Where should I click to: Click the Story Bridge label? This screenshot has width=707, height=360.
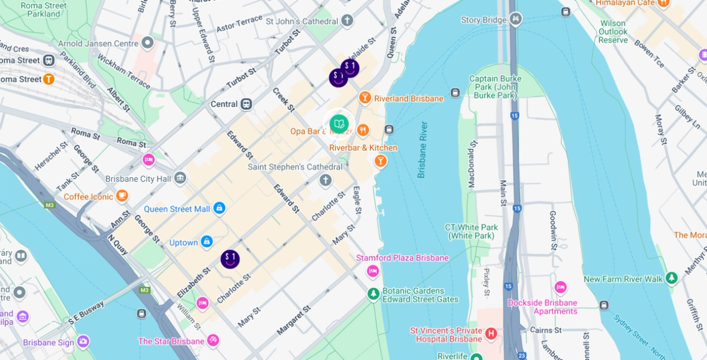pyautogui.click(x=484, y=20)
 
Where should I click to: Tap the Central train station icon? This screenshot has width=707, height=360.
pyautogui.click(x=246, y=104)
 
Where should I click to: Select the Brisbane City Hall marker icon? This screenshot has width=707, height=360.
pyautogui.click(x=180, y=178)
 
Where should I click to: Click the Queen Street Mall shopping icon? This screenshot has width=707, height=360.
pyautogui.click(x=220, y=208)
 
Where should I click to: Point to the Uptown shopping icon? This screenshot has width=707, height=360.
pyautogui.click(x=207, y=241)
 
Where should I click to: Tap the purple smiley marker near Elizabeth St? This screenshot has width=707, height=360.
pyautogui.click(x=230, y=259)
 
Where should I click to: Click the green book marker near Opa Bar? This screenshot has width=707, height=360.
pyautogui.click(x=339, y=124)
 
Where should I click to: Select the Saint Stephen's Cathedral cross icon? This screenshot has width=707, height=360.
pyautogui.click(x=325, y=180)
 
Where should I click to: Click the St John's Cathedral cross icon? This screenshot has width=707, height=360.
pyautogui.click(x=347, y=21)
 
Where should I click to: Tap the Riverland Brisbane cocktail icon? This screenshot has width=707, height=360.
pyautogui.click(x=365, y=98)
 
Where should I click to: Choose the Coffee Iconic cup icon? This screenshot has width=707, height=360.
pyautogui.click(x=122, y=195)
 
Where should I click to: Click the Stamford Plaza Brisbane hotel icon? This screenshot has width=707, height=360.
pyautogui.click(x=373, y=271)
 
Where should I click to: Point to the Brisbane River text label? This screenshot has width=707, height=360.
pyautogui.click(x=423, y=150)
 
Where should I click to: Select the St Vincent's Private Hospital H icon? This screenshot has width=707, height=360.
pyautogui.click(x=491, y=333)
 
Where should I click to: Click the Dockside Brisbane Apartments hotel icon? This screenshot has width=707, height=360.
pyautogui.click(x=560, y=288)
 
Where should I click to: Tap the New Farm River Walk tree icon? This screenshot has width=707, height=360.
pyautogui.click(x=672, y=278)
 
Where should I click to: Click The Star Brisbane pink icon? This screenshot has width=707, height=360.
pyautogui.click(x=213, y=340)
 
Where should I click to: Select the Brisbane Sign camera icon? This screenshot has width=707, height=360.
pyautogui.click(x=83, y=341)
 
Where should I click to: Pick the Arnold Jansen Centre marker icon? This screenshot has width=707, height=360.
pyautogui.click(x=147, y=43)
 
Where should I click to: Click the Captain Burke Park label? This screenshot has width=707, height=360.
pyautogui.click(x=493, y=87)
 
